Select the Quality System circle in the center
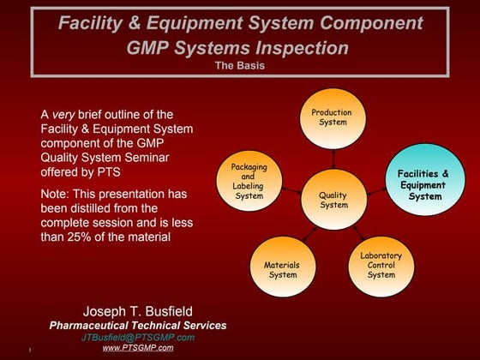tap(334, 200)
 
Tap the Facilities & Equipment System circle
tap(423, 184)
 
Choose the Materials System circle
tap(282, 269)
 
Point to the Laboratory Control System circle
tap(381, 265)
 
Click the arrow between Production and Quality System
tap(334, 158)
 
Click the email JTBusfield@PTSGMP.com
tap(138, 337)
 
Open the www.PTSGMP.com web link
tap(138, 348)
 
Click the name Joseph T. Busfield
tap(138, 309)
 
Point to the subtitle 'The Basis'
tap(239, 64)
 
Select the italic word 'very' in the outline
tap(63, 114)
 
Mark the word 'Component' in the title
tap(373, 22)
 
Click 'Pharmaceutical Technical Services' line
tap(138, 325)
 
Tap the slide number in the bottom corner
tap(29, 350)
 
